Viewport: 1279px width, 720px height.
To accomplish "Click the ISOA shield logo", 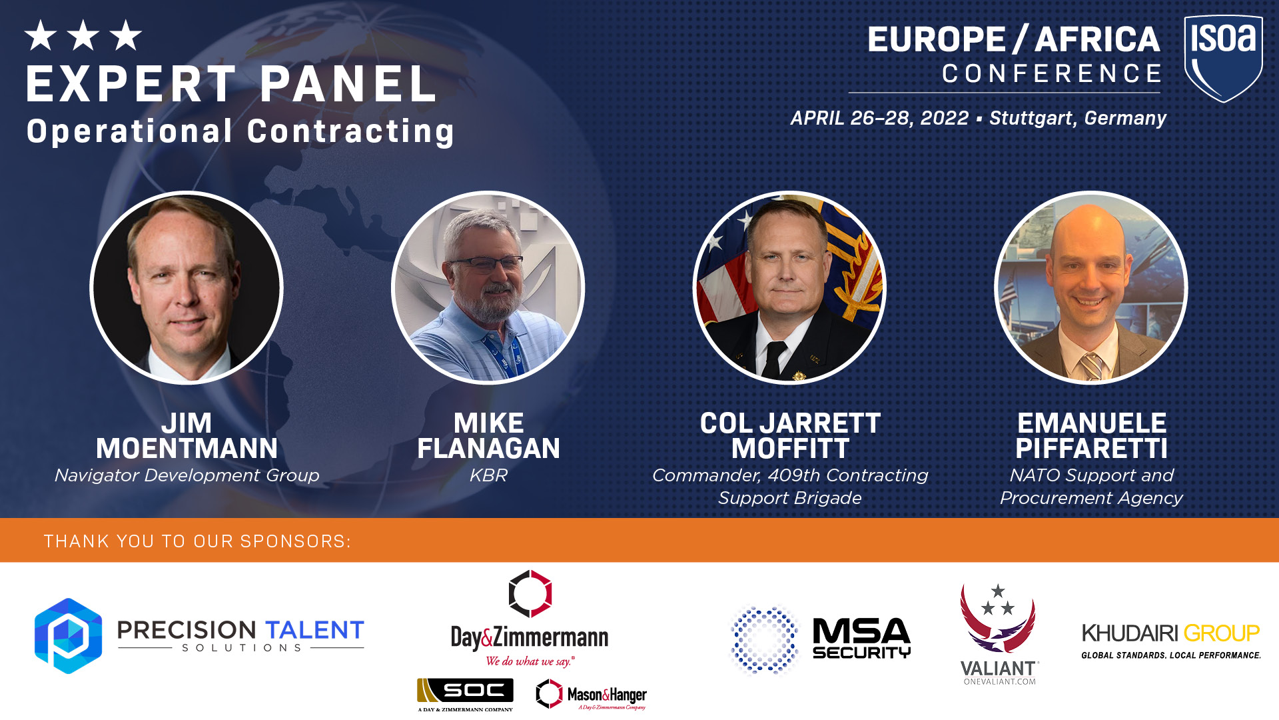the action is click(1223, 59).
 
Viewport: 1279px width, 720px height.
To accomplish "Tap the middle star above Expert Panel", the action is click(83, 35).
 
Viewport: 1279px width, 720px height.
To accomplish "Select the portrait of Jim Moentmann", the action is click(187, 288).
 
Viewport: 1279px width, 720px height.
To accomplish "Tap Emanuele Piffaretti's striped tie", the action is click(1092, 366).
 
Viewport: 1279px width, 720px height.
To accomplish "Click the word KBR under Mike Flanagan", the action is click(488, 475).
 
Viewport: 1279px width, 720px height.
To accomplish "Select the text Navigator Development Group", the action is click(187, 475).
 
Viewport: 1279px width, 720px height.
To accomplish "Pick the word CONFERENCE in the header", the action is click(1052, 73).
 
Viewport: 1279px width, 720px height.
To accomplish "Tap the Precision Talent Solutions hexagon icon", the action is click(68, 635).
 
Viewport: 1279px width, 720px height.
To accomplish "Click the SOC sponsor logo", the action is click(465, 694).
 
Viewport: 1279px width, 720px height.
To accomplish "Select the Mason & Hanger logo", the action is click(591, 695).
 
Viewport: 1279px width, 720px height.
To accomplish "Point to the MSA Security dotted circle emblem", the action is click(765, 639).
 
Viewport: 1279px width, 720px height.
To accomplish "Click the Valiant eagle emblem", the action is click(997, 618).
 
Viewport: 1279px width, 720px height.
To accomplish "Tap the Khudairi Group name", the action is click(1170, 633).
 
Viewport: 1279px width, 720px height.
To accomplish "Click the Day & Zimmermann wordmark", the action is click(530, 638).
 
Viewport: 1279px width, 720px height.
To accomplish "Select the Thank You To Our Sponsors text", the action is click(197, 541).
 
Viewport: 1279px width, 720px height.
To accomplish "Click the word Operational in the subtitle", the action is click(130, 131).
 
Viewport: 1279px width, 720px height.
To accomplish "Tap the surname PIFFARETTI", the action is click(1092, 449).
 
